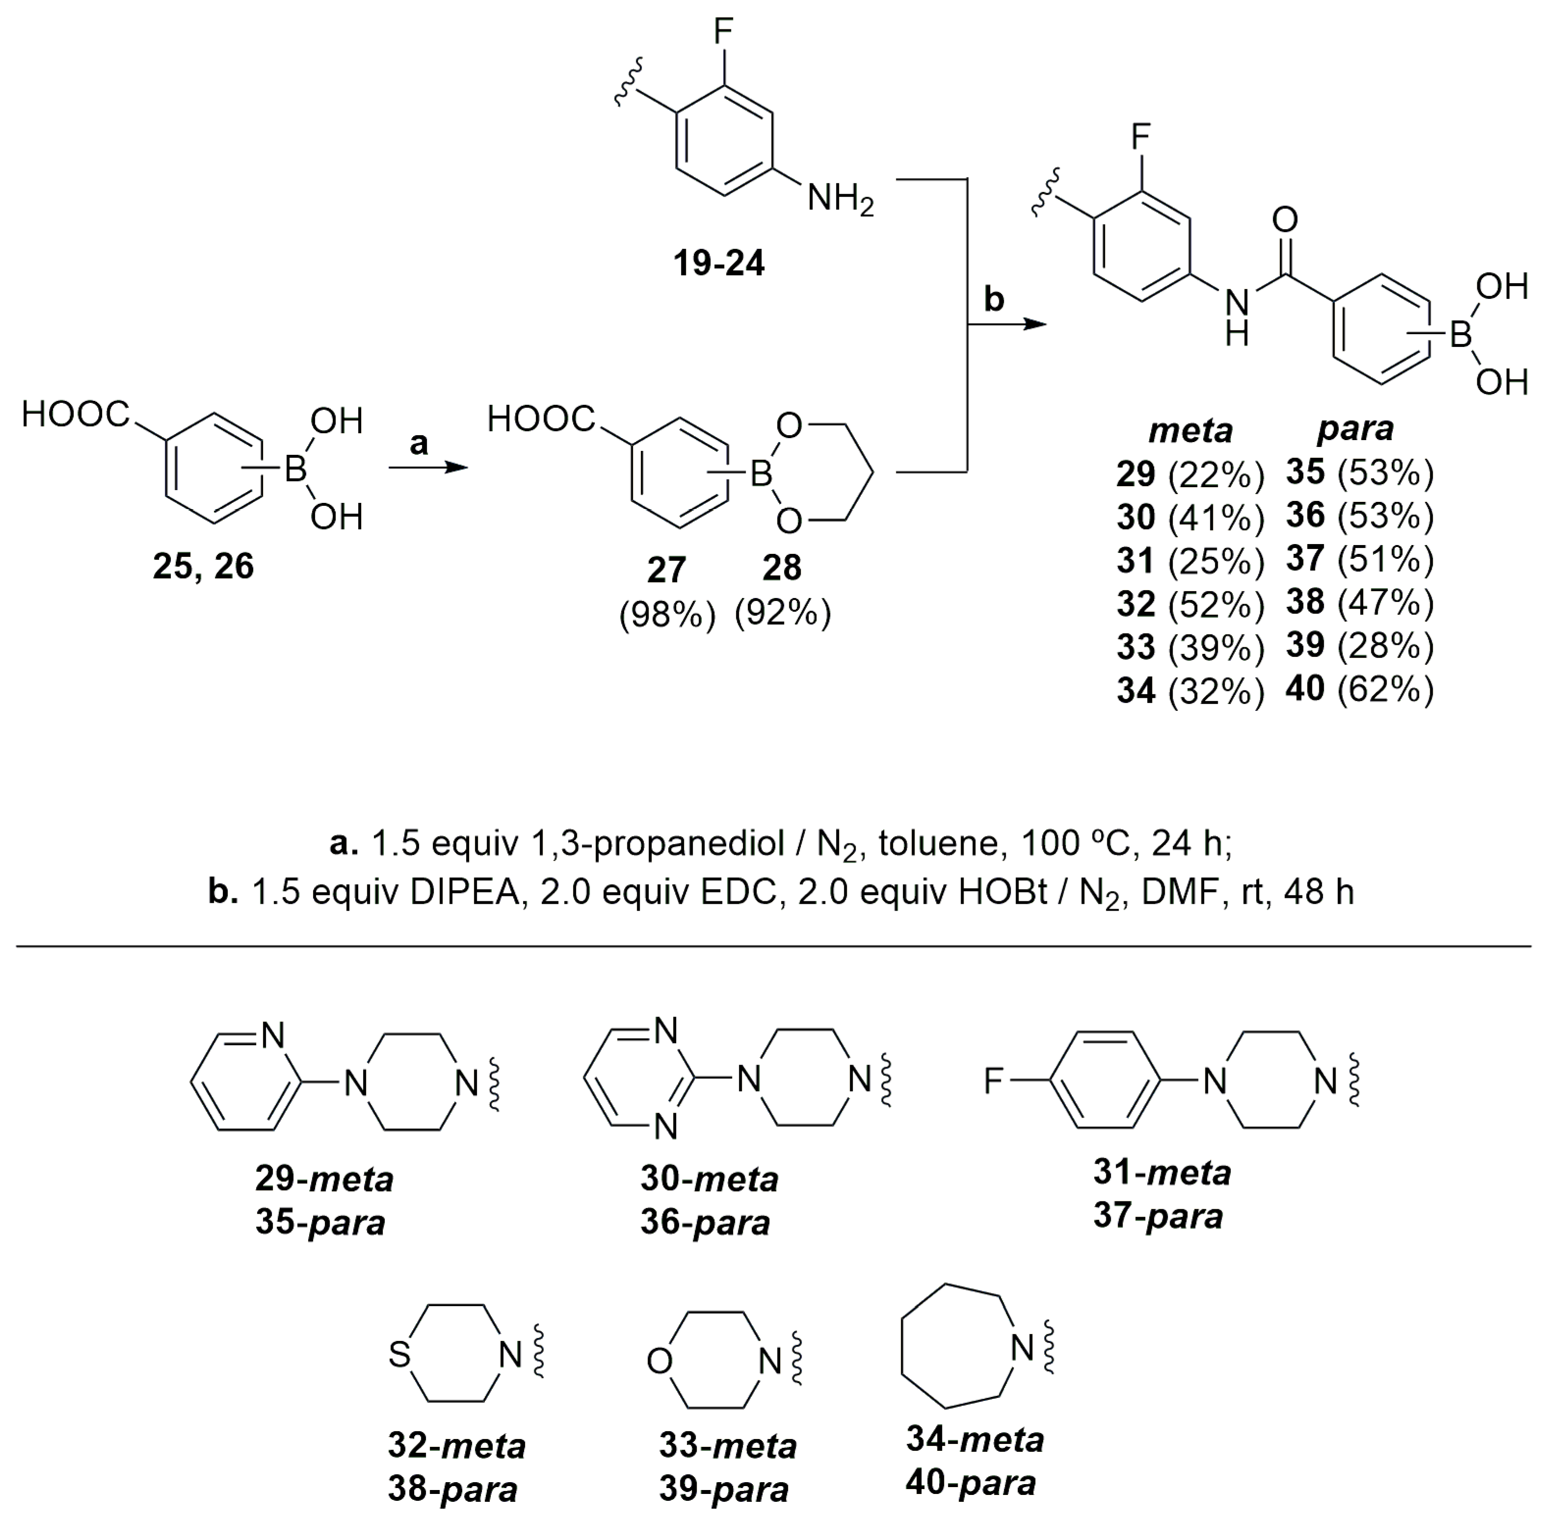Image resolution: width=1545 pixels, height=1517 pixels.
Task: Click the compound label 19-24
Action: coord(718,263)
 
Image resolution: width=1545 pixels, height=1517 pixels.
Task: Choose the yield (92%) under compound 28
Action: coord(783,613)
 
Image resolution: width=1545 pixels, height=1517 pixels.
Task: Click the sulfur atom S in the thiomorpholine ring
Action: coord(399,1355)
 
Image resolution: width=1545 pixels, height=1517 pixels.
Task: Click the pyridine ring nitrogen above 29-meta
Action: coord(272,1036)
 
